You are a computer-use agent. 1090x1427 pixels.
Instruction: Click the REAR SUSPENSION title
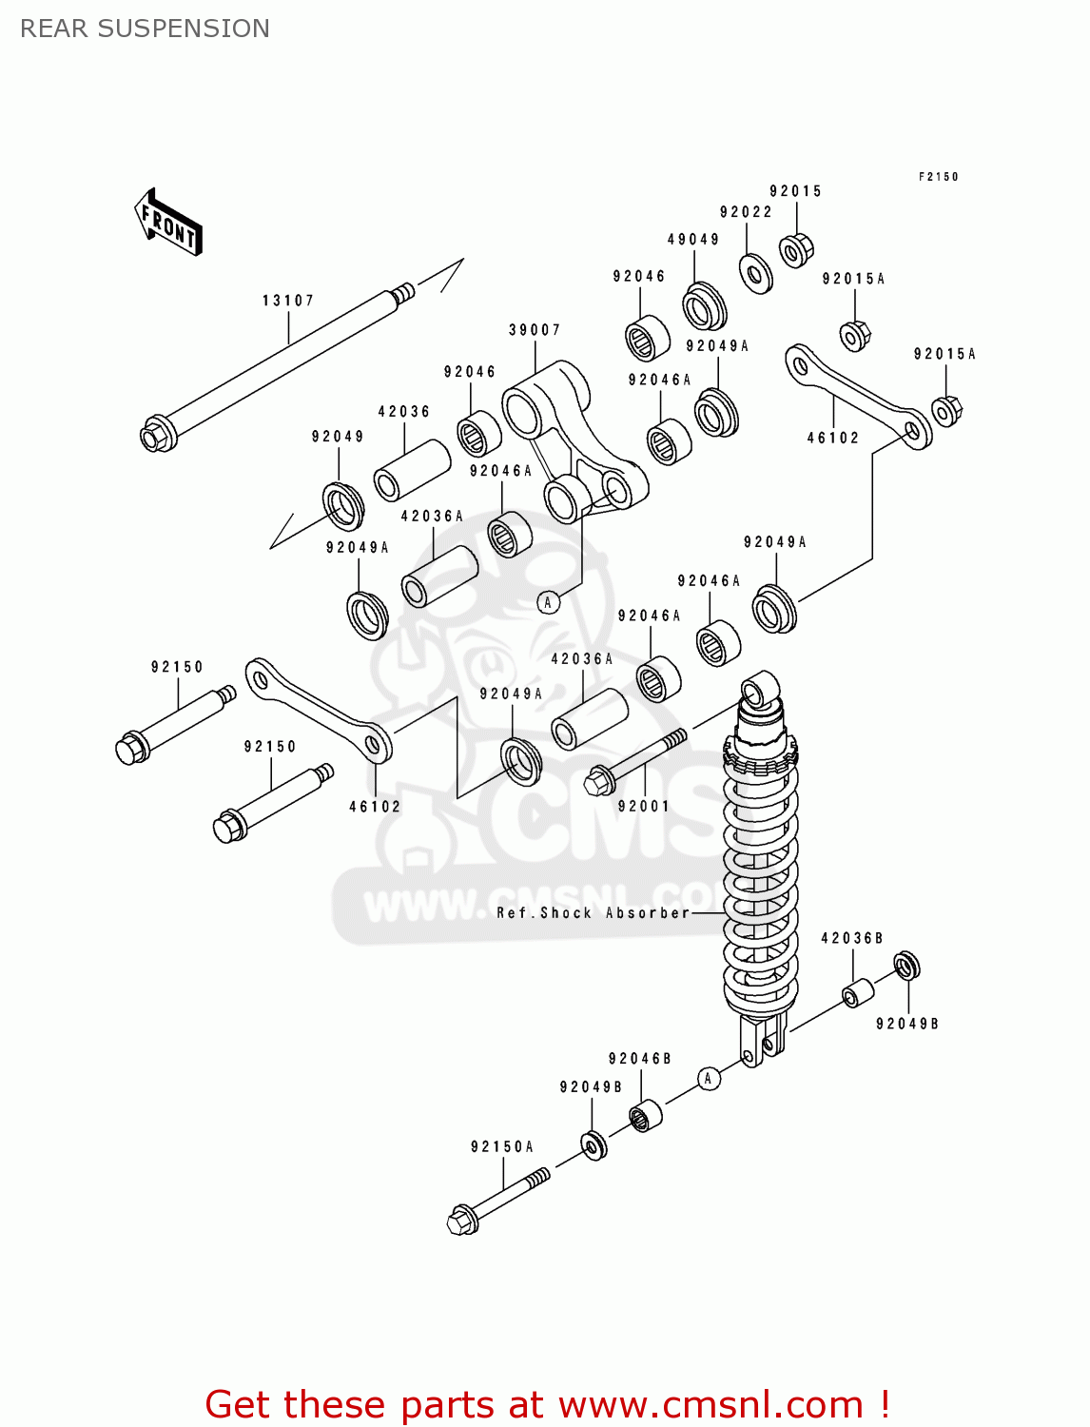[x=145, y=29]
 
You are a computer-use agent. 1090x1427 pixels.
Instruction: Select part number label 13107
[x=288, y=301]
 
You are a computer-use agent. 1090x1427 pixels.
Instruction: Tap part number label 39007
[x=535, y=330]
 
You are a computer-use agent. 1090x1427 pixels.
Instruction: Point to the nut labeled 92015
[x=795, y=249]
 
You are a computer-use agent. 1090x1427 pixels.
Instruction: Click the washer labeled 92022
[x=756, y=274]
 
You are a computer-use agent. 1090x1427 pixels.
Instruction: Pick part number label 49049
[x=693, y=240]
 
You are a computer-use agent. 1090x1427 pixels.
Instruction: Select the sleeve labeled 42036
[x=411, y=470]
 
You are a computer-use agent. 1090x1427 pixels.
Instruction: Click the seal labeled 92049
[x=342, y=506]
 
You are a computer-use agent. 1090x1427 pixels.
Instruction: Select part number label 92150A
[x=502, y=1147]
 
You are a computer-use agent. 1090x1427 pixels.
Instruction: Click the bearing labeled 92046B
[x=646, y=1114]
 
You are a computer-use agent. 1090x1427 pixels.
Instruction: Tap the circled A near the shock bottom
[x=708, y=1079]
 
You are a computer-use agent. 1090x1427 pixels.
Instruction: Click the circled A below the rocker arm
[x=548, y=602]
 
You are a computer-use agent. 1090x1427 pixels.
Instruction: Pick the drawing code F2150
[x=939, y=177]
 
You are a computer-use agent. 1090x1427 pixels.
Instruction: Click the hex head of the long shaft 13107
[x=154, y=436]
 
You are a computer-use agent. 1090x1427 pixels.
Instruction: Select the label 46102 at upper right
[x=833, y=439]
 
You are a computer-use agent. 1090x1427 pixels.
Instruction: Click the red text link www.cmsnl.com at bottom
[x=710, y=1405]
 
